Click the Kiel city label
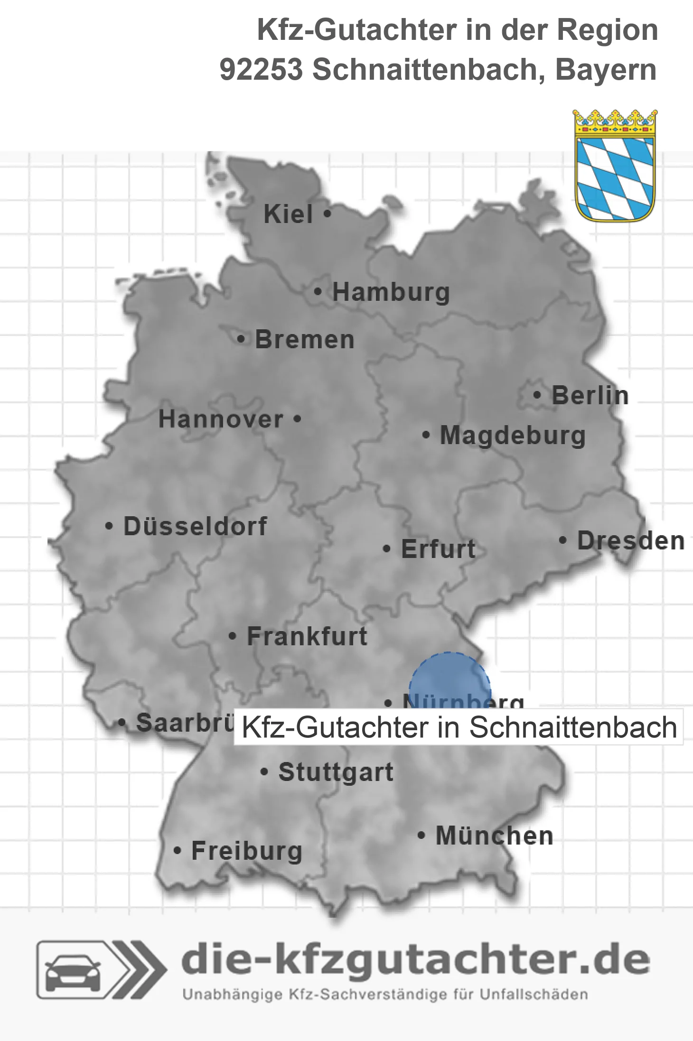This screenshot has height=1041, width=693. pos(288,214)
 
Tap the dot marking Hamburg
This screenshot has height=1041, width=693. pos(318,292)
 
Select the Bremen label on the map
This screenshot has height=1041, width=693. pos(305,340)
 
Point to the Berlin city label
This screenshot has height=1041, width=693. pos(590,396)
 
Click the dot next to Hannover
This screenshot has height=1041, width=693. pos(297,419)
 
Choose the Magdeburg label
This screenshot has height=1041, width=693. pos(513,436)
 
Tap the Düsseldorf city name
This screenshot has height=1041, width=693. pos(195,526)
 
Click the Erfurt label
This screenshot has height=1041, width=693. pos(438,549)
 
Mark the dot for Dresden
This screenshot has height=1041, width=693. pos(563,540)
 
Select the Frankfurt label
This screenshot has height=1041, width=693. pos(307,636)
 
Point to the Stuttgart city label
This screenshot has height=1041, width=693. pos(336,772)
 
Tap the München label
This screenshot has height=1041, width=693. pos(494,836)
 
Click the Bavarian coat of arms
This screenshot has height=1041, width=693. pos(615,166)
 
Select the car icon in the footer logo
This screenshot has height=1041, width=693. pos(73,970)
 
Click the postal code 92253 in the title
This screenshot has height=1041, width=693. pos(261,70)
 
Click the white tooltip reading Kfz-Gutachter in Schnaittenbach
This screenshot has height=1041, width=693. pos(459,727)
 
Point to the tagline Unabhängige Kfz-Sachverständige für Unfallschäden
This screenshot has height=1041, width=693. pos(385,995)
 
